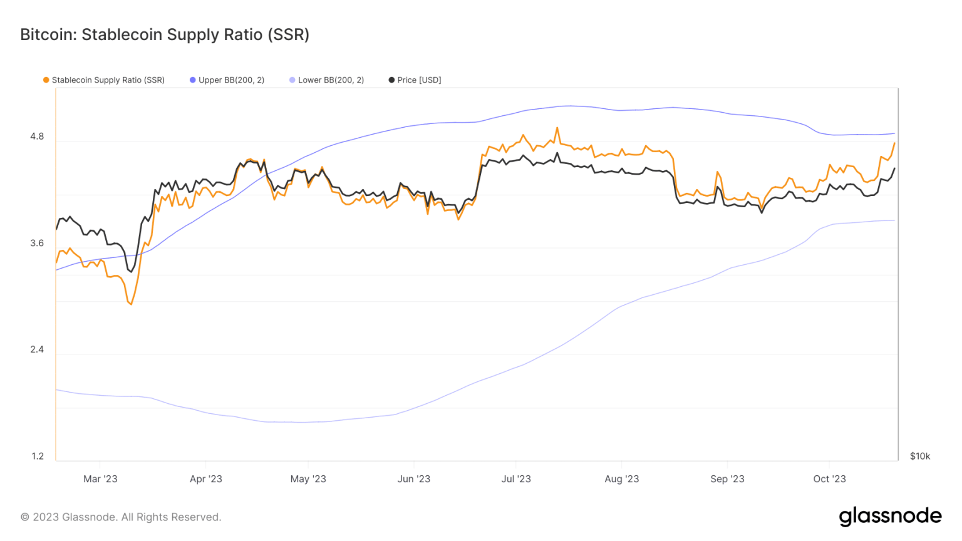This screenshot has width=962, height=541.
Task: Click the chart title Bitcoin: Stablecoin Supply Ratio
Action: tap(165, 34)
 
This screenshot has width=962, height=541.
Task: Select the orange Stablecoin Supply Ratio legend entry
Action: tap(104, 80)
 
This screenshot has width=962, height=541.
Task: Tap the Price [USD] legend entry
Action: tap(415, 80)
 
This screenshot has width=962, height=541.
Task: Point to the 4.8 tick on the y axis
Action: tap(37, 137)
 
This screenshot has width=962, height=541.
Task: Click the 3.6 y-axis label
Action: tap(37, 243)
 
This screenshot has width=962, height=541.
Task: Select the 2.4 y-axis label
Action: tap(37, 349)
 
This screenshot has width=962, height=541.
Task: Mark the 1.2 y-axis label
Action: tap(38, 456)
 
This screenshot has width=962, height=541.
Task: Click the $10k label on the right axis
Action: tap(919, 456)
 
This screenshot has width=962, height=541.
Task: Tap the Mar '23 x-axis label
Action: tap(100, 479)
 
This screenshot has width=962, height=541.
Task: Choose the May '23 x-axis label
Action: tap(308, 479)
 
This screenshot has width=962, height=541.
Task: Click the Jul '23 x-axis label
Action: tap(516, 479)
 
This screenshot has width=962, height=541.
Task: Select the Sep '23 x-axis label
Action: tap(727, 479)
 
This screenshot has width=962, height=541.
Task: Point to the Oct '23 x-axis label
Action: tap(829, 479)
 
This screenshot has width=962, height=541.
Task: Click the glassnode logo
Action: tap(890, 516)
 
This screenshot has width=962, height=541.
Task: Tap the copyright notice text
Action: tap(121, 517)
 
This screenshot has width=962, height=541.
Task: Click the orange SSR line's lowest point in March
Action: tap(131, 304)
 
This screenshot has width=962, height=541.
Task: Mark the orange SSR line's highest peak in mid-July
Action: tap(557, 128)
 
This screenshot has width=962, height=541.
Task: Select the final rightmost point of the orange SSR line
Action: tap(894, 143)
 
